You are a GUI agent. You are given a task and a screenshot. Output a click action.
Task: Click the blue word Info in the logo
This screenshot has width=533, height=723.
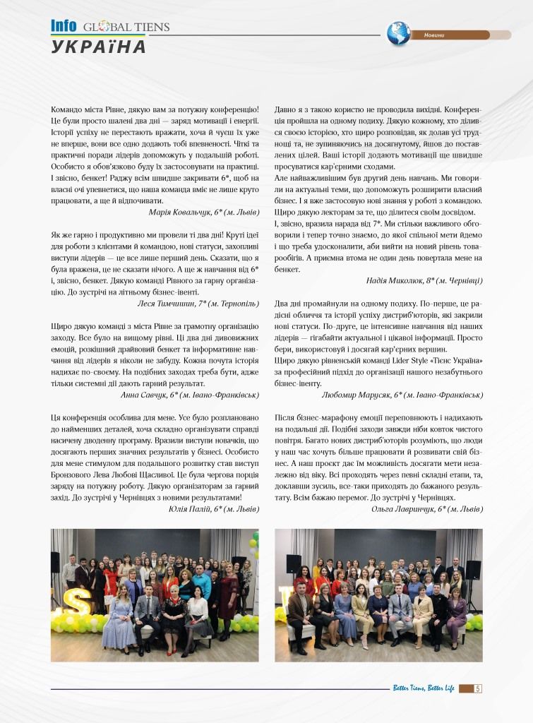coord(64,26)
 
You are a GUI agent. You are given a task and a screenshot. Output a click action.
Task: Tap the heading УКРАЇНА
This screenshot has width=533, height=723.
coord(99,47)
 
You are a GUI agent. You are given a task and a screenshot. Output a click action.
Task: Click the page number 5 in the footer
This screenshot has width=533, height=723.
coord(478,689)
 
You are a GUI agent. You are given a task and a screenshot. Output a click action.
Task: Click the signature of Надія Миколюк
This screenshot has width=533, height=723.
coord(424,280)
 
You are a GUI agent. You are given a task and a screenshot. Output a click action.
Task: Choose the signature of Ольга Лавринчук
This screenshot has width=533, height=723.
coord(427,508)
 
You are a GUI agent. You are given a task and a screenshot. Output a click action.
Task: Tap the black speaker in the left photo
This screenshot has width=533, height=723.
coord(55,562)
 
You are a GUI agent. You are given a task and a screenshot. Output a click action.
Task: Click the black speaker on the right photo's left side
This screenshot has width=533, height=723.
coord(293,563)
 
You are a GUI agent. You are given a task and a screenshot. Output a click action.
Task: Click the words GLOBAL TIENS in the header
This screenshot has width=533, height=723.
coord(126,28)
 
